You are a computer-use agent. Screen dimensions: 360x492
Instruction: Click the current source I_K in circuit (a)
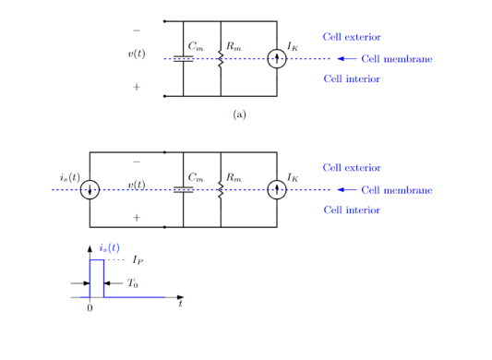tap(277, 59)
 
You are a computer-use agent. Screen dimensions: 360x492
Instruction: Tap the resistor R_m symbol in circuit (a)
tap(221, 59)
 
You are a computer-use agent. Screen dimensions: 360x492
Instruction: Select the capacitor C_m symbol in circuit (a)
tap(184, 59)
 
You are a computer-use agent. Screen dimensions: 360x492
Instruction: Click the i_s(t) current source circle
tap(90, 190)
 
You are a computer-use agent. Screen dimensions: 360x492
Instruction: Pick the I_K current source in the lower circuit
tap(277, 190)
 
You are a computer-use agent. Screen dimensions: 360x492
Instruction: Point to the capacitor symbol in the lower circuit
tap(184, 190)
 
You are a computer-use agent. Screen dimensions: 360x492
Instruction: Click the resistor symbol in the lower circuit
tap(221, 190)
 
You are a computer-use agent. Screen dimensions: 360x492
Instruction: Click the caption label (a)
tap(240, 114)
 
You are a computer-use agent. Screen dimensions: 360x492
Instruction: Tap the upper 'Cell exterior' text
tap(352, 37)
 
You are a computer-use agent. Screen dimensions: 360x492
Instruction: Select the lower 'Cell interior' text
tap(352, 210)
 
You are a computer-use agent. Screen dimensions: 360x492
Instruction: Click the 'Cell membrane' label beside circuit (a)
tap(396, 59)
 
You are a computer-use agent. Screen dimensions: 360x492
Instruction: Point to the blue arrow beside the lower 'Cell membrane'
tap(346, 190)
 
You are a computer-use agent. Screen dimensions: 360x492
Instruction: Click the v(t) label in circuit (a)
tap(136, 54)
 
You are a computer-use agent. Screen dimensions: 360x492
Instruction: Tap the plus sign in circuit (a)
tap(137, 87)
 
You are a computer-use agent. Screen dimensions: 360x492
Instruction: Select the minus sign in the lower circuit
tap(137, 162)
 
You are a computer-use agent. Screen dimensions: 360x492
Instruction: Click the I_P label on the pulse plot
tap(138, 261)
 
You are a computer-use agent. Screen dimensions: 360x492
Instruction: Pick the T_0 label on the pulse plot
tap(133, 283)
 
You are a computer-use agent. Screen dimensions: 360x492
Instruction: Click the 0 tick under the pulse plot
tap(90, 307)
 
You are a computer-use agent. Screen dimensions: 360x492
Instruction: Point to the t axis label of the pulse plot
tap(181, 304)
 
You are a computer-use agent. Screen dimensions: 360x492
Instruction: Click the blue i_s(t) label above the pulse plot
tap(109, 248)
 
